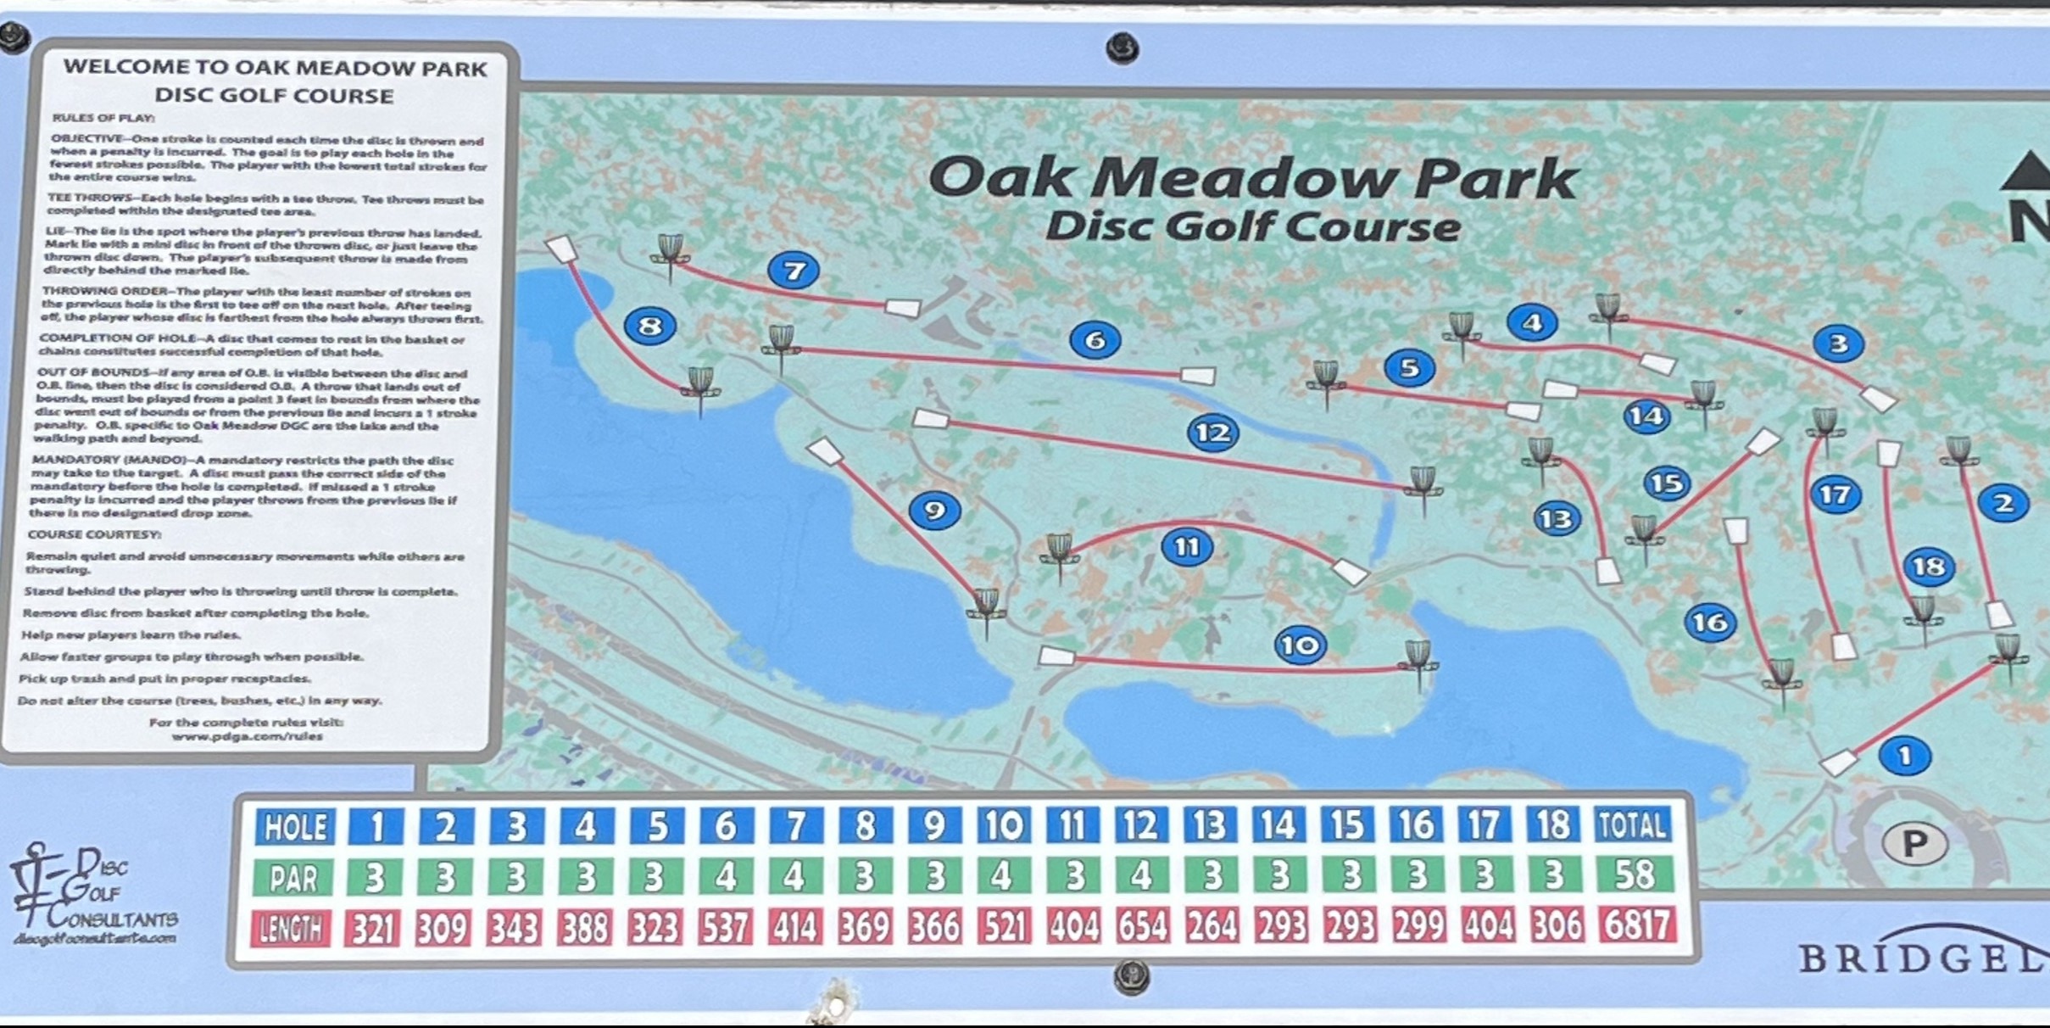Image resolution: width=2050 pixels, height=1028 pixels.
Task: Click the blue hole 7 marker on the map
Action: click(x=794, y=271)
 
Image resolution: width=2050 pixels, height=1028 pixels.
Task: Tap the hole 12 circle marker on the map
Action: click(x=1213, y=433)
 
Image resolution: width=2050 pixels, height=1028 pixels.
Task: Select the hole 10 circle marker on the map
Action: click(x=1300, y=645)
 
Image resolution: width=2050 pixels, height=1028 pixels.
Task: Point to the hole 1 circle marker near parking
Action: click(x=1905, y=755)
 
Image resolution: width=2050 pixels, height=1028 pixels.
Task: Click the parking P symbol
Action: click(x=1914, y=843)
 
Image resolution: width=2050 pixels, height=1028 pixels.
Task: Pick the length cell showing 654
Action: click(x=1142, y=925)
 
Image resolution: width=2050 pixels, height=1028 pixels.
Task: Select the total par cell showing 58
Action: click(x=1635, y=874)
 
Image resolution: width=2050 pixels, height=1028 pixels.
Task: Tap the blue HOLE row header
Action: click(x=295, y=826)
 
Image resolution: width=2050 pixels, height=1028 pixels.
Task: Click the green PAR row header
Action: click(x=293, y=879)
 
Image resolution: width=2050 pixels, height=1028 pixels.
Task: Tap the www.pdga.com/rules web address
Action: click(x=247, y=736)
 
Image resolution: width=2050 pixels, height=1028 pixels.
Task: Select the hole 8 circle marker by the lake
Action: click(x=649, y=326)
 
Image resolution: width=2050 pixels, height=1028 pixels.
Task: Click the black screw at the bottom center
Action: click(x=1131, y=977)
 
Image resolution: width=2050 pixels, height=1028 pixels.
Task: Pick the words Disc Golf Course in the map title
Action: click(x=1252, y=226)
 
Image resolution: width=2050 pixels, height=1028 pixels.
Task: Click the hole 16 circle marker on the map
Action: click(x=1709, y=622)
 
